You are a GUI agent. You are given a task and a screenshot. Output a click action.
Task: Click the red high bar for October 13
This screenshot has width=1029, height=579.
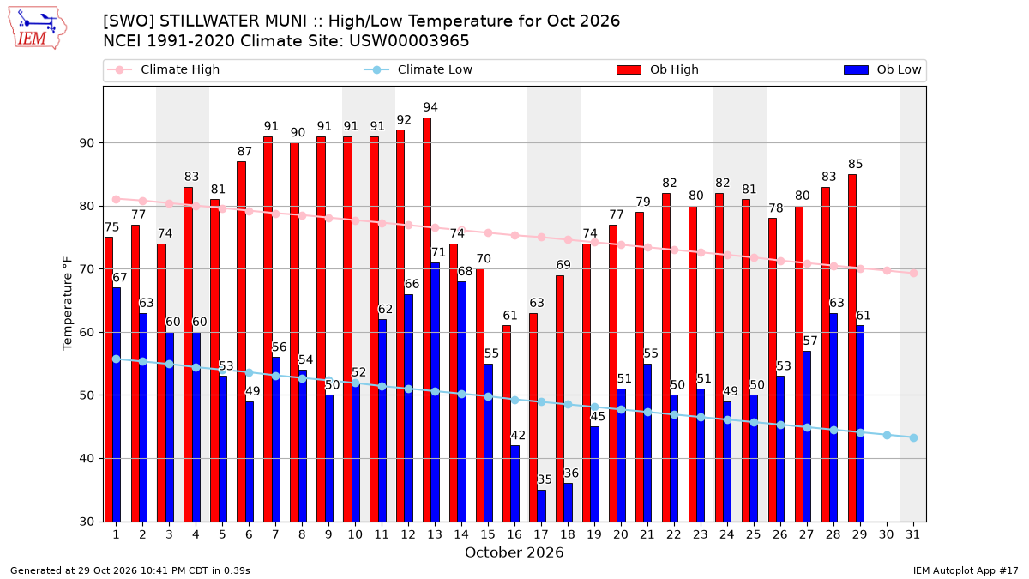point(427,320)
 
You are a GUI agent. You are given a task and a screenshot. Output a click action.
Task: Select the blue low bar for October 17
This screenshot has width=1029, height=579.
point(542,506)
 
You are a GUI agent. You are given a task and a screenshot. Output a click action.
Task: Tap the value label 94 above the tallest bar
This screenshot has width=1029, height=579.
point(430,107)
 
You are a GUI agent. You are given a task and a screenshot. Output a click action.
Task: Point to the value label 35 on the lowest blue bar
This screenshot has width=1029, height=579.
point(545,479)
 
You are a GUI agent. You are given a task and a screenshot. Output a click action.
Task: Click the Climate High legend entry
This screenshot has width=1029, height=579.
point(164,69)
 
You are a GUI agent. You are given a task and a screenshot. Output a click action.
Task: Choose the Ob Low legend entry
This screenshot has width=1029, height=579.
point(882,69)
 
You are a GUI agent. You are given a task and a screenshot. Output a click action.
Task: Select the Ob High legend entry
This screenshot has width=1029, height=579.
point(658,69)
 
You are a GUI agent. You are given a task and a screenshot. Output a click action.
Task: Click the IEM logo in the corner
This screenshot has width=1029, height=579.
point(38,28)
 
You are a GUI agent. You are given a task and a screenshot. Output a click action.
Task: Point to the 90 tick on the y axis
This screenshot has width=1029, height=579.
point(87,143)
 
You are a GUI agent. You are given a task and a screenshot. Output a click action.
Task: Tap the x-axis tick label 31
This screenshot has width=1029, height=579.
point(912,534)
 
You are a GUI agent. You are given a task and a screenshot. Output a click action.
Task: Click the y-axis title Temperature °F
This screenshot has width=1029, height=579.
point(68,304)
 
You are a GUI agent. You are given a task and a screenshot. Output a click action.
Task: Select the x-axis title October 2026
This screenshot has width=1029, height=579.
point(514,552)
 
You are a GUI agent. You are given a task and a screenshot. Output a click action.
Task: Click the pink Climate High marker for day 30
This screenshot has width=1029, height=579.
point(887,271)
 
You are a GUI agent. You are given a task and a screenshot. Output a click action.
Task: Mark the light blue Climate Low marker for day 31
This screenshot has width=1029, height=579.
point(914,438)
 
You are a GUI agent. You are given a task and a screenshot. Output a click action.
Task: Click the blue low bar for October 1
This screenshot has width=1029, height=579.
point(117,405)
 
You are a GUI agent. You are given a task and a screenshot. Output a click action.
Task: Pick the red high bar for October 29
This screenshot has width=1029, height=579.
point(852,348)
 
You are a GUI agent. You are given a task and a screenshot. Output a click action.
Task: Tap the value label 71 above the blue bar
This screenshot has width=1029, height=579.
point(438,252)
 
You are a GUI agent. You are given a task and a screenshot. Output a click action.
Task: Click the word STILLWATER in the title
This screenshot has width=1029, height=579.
point(232,21)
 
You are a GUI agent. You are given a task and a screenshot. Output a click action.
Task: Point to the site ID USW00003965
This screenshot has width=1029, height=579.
point(409,41)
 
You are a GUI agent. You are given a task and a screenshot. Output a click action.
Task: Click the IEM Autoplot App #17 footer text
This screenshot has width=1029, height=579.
point(966,570)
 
